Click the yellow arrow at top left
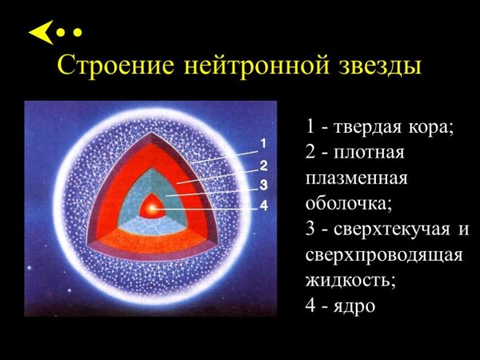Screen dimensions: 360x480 tap(41, 33)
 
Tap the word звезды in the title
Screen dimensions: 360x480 tap(374, 66)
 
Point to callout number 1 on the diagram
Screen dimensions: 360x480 tap(262, 145)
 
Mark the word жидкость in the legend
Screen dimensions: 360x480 tap(349, 281)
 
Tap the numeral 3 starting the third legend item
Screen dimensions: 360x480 tap(310, 232)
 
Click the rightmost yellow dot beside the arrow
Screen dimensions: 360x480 tap(78, 34)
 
